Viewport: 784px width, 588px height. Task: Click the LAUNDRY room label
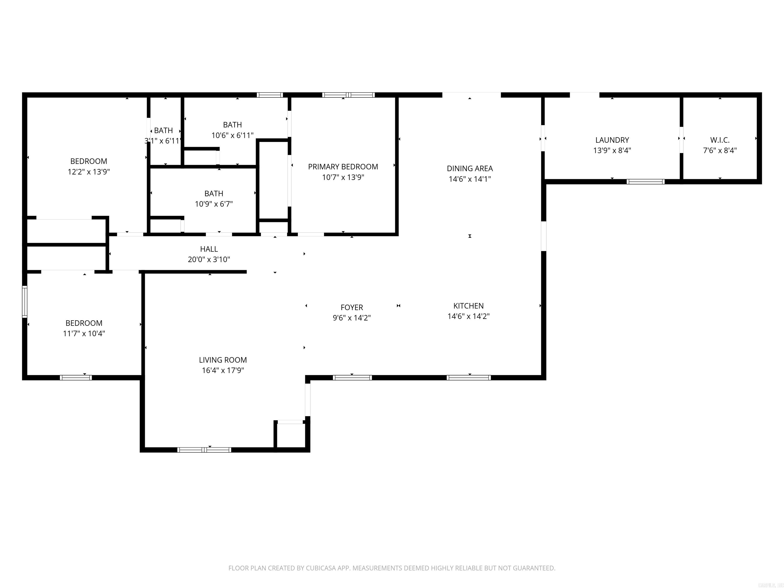click(x=612, y=140)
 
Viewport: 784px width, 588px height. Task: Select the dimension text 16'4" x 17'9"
click(x=223, y=370)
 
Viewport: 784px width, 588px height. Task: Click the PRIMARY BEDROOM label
click(x=343, y=167)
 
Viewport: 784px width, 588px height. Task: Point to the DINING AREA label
click(x=470, y=168)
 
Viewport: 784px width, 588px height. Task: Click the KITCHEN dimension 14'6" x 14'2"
click(x=468, y=316)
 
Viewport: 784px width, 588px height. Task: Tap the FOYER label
click(x=352, y=307)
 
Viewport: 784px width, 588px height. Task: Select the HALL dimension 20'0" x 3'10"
click(x=209, y=260)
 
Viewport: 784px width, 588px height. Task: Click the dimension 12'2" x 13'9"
click(x=89, y=172)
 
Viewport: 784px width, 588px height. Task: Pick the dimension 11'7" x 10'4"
click(x=84, y=334)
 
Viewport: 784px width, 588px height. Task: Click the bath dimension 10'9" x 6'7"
click(x=214, y=204)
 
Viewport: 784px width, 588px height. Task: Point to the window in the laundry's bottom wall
click(x=645, y=182)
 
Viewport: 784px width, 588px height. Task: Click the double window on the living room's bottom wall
click(x=204, y=450)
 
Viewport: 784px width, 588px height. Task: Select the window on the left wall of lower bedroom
click(x=24, y=302)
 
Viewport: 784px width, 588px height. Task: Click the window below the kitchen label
click(x=469, y=377)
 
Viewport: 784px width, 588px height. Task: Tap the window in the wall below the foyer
click(x=352, y=377)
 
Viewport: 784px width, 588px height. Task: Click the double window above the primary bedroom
click(x=348, y=95)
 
